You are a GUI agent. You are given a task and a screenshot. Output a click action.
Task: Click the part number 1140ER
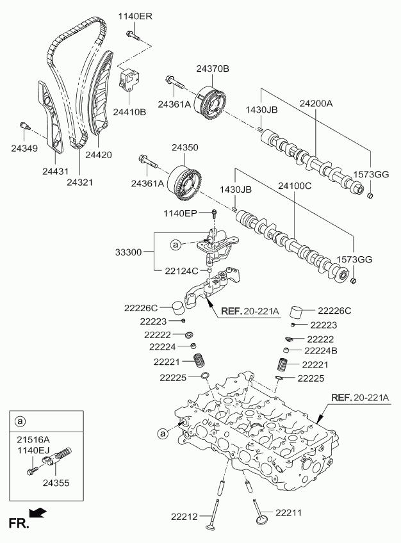[x=135, y=16]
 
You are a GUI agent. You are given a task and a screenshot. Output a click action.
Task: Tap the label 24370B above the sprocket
[x=213, y=69]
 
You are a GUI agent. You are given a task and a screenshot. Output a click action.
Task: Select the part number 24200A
[x=316, y=103]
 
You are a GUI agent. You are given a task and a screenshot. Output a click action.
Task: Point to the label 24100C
[x=295, y=186]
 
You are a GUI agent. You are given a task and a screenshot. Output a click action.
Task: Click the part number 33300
[x=129, y=252]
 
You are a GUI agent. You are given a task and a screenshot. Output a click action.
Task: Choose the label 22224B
[x=321, y=351]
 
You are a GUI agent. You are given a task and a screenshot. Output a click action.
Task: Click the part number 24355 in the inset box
[x=56, y=482]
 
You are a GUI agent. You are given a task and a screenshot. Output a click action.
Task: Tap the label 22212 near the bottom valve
[x=184, y=517]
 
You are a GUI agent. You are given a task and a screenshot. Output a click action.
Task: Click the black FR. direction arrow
[x=38, y=513]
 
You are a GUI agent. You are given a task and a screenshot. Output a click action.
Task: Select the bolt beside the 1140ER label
[x=133, y=35]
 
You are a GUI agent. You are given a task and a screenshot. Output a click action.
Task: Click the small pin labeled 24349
[x=24, y=126]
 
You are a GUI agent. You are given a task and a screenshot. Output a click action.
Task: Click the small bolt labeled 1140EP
[x=215, y=213]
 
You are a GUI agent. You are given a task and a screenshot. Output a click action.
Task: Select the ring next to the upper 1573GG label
[x=370, y=197]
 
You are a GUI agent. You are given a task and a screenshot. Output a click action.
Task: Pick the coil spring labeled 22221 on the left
[x=199, y=362]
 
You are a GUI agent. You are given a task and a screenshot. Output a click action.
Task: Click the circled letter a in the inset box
[x=20, y=421]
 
